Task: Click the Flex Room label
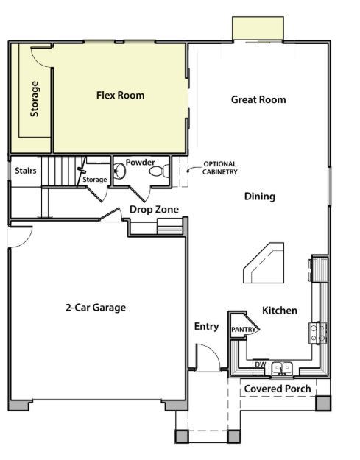coord(120,95)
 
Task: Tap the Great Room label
coord(258,99)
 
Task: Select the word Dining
coord(260,197)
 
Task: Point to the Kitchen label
coord(280,311)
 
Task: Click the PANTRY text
coord(242,330)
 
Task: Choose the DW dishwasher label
coord(260,364)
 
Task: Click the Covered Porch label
coord(277,389)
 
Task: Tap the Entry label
coord(206,326)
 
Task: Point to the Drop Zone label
coord(154,210)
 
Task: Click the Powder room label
coord(140,162)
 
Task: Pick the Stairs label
coord(26,171)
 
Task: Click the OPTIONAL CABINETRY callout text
coord(220,168)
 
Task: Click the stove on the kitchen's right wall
coord(319,333)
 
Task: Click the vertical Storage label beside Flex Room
coord(35,99)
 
